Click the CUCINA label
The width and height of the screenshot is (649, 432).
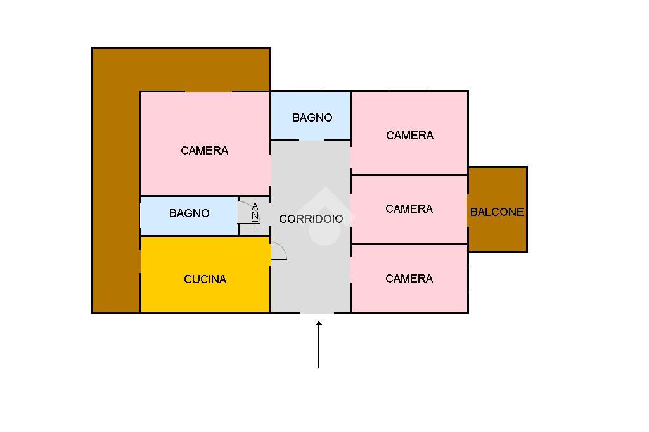[x=205, y=279]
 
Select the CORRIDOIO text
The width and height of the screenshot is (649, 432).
[x=311, y=219]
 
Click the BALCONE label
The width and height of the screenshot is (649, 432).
[x=497, y=212]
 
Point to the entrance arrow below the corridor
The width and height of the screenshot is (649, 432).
[x=318, y=345]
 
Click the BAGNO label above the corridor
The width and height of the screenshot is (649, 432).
[x=312, y=118]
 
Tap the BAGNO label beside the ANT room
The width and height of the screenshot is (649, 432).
[x=189, y=213]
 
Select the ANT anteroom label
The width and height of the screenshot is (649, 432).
[x=255, y=215]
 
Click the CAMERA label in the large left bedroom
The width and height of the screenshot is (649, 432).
[x=204, y=151]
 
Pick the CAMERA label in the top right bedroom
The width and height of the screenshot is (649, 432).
[x=409, y=136]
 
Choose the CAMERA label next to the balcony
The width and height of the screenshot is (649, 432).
[x=409, y=209]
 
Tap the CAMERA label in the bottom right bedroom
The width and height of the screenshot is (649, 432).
[x=409, y=279]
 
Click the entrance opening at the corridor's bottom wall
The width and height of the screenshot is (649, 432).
[x=317, y=313]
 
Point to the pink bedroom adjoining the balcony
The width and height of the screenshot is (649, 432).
[x=409, y=225]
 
